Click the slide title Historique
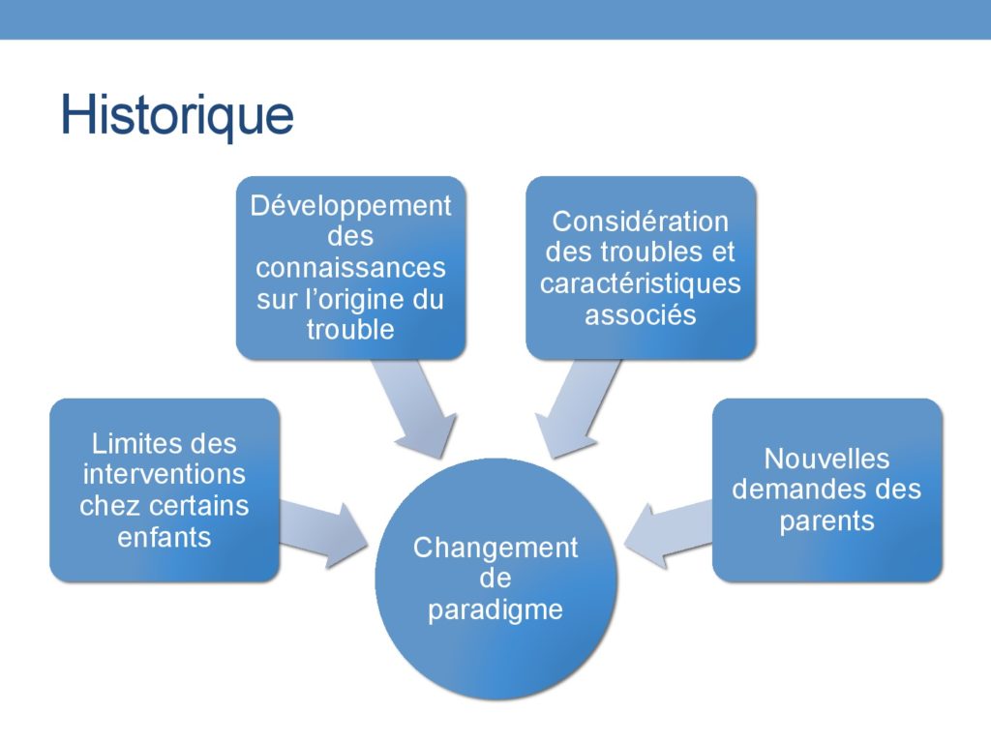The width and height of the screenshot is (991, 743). (x=177, y=116)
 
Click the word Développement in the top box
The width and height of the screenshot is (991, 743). (x=350, y=207)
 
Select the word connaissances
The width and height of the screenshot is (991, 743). (x=350, y=268)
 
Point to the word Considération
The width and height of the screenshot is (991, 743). (x=641, y=222)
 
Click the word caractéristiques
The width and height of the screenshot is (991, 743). (x=641, y=283)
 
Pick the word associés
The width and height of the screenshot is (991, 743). (x=641, y=314)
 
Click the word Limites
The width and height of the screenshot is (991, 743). (x=132, y=443)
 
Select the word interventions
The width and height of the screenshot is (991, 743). (x=165, y=474)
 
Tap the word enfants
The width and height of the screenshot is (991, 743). (x=165, y=538)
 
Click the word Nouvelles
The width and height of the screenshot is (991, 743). (x=826, y=460)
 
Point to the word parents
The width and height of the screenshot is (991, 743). (x=826, y=522)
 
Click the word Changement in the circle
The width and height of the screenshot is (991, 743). (x=495, y=548)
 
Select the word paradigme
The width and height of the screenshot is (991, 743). (x=495, y=610)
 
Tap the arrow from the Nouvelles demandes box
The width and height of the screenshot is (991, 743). (x=668, y=534)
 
